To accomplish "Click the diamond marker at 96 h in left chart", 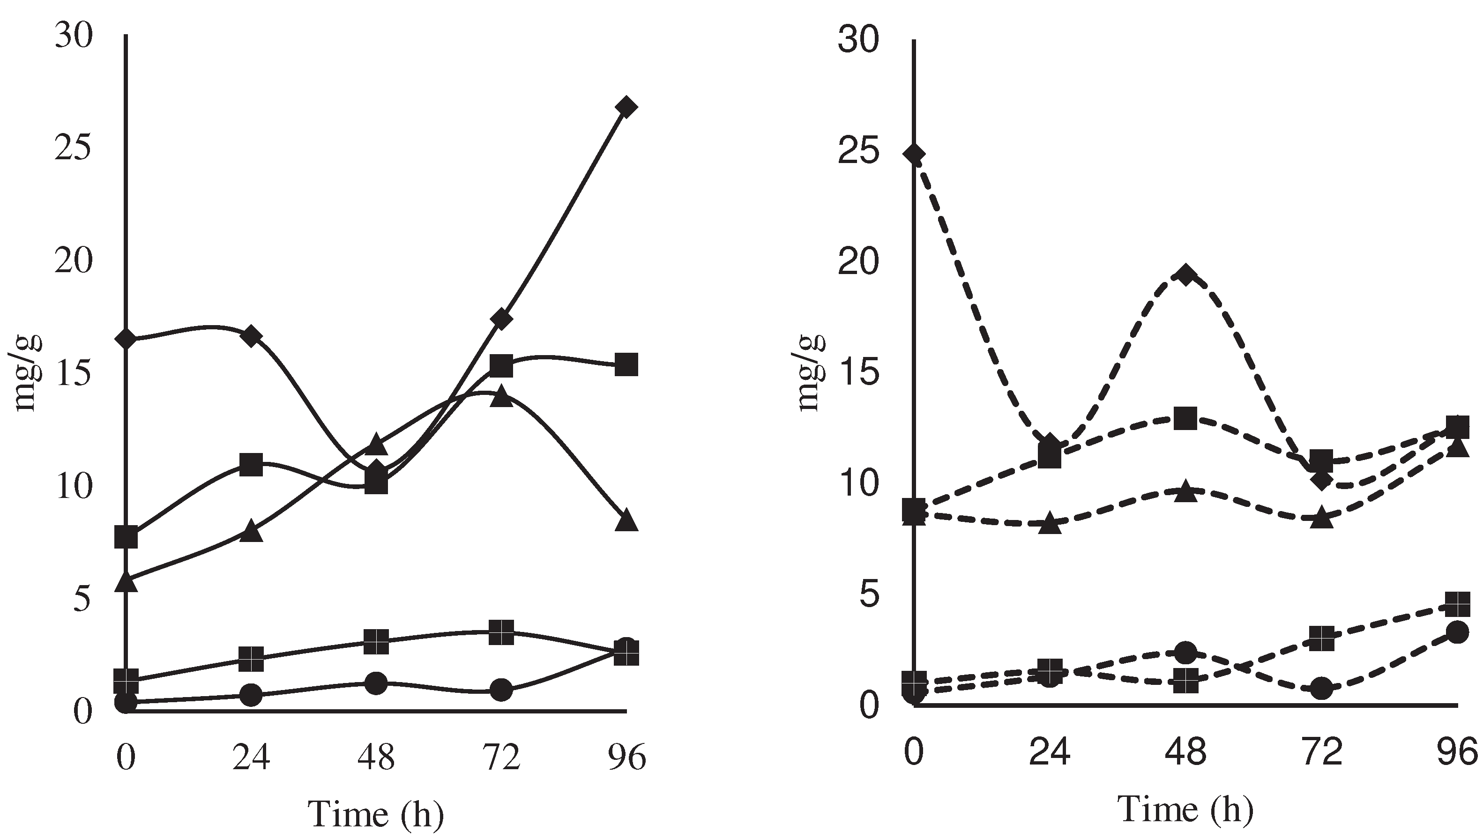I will [626, 107].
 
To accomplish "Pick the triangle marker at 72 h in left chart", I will [501, 396].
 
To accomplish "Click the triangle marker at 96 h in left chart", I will [626, 520].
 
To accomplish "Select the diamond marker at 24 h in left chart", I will [251, 336].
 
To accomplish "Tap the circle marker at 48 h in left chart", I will [376, 683].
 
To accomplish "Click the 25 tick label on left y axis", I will [73, 148].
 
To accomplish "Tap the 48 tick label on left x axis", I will [376, 757].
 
